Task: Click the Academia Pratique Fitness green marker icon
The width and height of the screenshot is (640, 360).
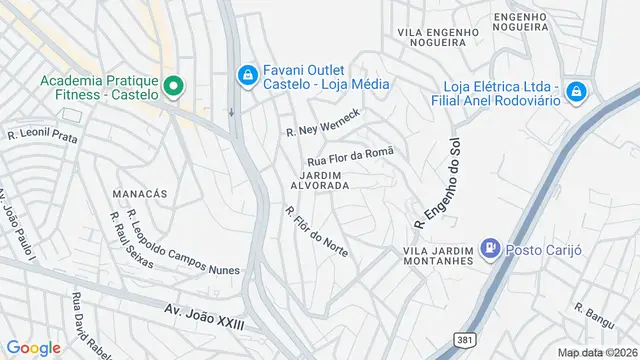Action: coord(173,86)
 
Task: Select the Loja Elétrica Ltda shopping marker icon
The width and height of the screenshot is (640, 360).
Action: coord(576,93)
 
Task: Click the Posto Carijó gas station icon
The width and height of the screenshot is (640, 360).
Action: coord(490,247)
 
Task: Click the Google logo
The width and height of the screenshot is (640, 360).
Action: coord(33,347)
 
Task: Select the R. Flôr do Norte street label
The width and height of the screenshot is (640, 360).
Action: coord(316,231)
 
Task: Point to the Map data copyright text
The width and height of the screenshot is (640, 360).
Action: coord(597,353)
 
